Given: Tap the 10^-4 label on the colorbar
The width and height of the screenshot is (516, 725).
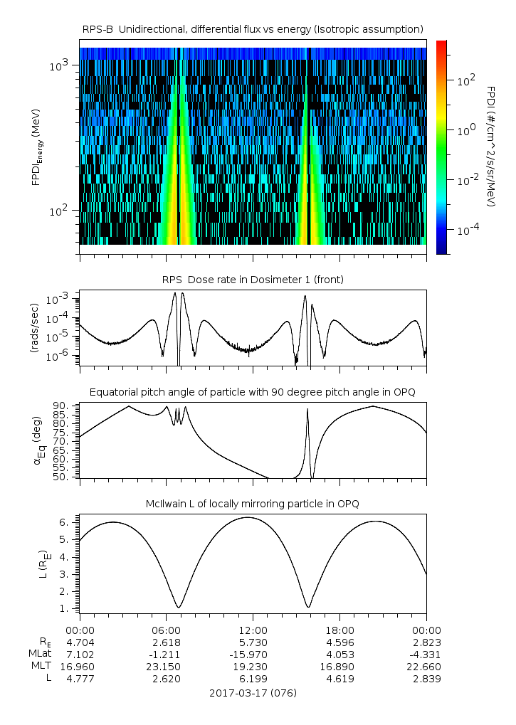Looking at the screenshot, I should point(467,231).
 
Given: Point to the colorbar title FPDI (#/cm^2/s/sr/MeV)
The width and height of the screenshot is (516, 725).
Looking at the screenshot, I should point(492,147).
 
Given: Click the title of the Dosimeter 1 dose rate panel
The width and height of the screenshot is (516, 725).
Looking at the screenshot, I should point(253,280).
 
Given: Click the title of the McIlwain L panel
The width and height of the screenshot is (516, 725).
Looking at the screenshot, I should point(253,504).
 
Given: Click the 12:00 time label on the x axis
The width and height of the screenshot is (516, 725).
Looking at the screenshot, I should point(253,630).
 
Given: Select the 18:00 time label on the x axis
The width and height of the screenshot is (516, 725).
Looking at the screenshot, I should point(340,630).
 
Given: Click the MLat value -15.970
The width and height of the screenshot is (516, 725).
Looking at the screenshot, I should point(253,655).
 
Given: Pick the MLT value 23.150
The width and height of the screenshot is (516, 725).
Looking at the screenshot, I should point(167,667).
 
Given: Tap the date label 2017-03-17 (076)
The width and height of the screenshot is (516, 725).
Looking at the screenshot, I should point(253,692).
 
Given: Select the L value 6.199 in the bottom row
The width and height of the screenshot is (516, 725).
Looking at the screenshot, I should point(253,679).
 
